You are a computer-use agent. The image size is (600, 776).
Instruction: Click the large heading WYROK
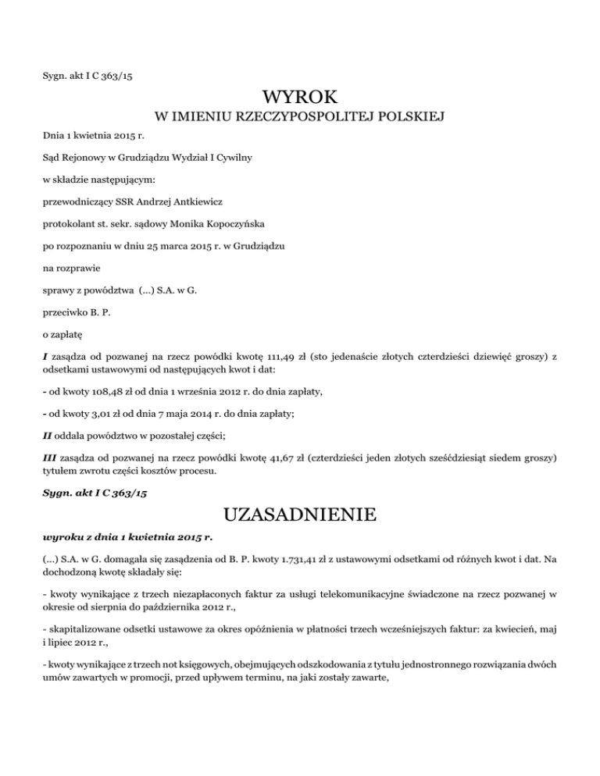(x=300, y=98)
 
